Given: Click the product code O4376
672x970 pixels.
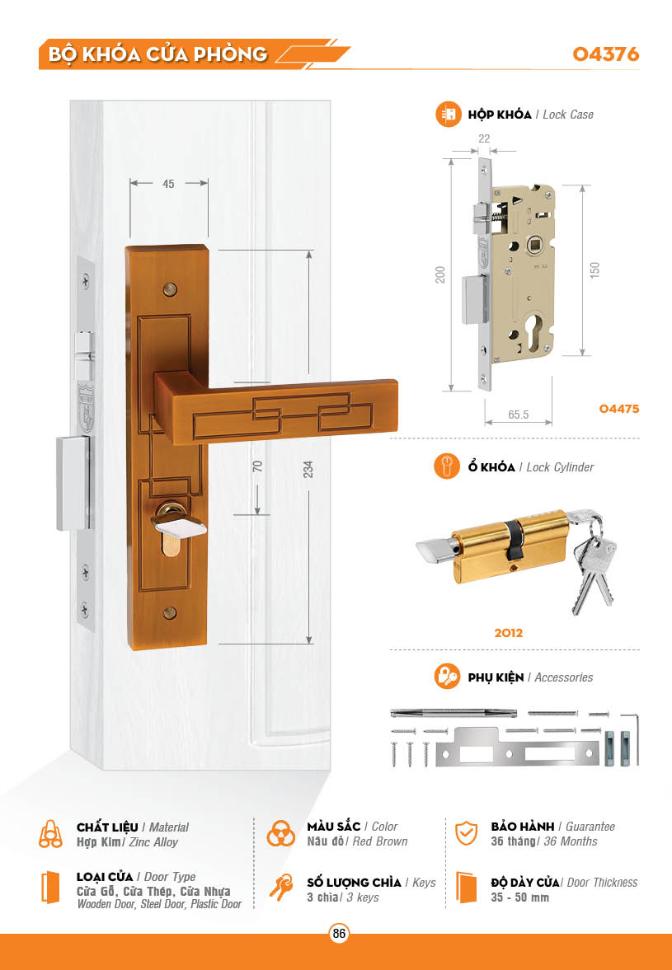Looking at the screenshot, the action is [x=605, y=54].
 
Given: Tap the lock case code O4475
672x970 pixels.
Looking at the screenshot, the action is [x=618, y=408].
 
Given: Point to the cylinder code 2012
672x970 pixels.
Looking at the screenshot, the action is [x=508, y=633].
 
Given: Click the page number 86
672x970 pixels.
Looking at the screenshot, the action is [x=339, y=933].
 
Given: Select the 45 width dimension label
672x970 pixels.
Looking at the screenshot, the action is [x=168, y=184].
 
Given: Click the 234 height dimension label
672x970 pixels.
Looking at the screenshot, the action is [x=308, y=469].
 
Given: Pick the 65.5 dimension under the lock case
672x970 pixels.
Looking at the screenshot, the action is [x=519, y=415].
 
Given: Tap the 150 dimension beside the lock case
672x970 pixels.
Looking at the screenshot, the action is [x=594, y=269].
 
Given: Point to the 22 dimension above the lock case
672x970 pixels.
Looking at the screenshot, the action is [x=484, y=138].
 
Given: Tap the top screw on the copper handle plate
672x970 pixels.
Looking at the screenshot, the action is [x=170, y=289].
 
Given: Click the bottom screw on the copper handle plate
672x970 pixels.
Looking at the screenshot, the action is [x=170, y=613].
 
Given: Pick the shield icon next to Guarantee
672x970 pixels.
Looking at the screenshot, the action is [x=466, y=833].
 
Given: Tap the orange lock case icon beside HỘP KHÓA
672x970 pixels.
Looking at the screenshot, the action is [x=448, y=115].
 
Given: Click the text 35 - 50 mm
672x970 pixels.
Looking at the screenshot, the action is [x=519, y=897].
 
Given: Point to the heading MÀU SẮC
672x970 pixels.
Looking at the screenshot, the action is [x=333, y=827].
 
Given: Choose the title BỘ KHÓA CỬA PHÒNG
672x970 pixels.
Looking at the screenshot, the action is [x=157, y=54].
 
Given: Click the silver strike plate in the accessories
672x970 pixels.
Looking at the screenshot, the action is [x=517, y=748].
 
